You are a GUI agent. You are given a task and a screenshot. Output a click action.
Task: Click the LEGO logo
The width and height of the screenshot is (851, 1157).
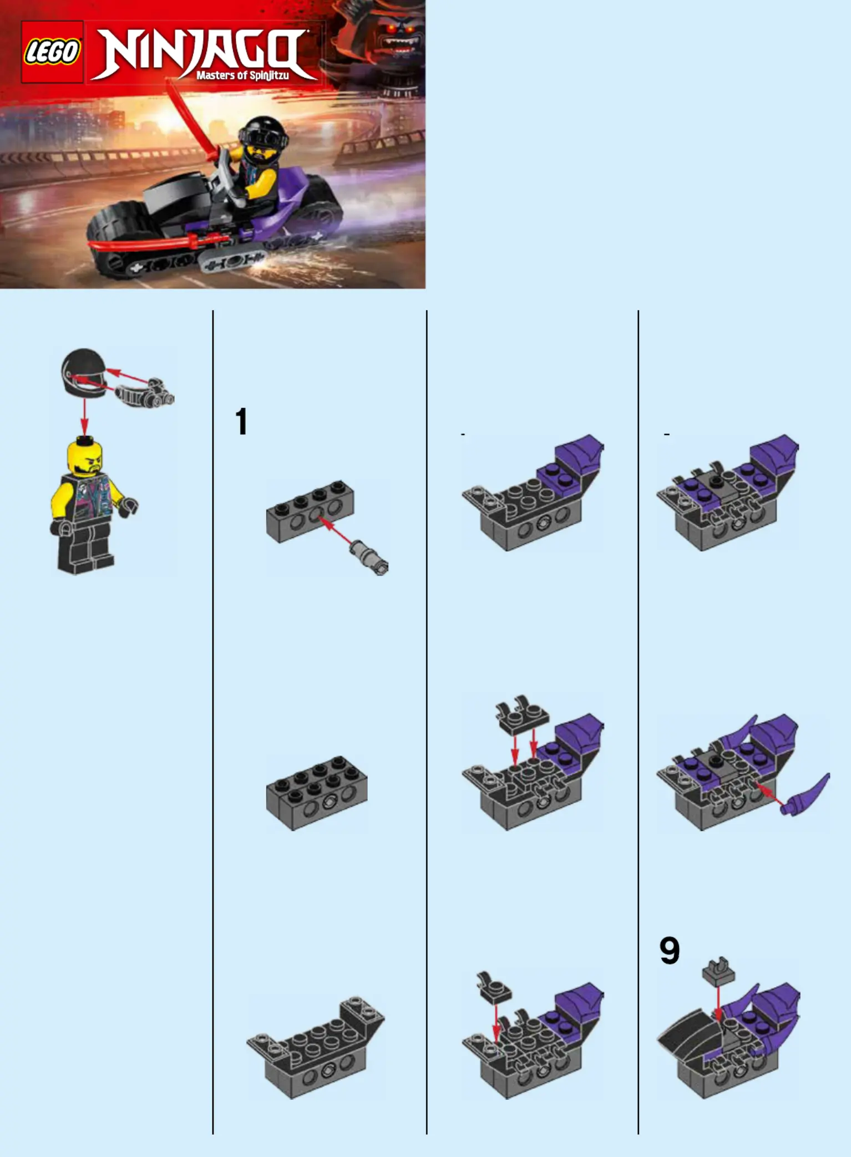coord(52,52)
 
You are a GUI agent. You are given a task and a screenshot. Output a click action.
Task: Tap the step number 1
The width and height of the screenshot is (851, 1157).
coord(241,421)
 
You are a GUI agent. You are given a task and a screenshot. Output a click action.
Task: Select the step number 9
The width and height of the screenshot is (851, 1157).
coord(670,951)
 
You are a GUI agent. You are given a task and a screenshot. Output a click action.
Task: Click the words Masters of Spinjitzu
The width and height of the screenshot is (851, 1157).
coord(242,75)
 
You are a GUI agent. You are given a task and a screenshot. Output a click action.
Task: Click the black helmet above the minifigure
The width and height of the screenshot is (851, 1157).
coord(83,373)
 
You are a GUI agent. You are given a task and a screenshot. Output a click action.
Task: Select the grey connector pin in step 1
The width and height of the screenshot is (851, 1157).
coord(369,557)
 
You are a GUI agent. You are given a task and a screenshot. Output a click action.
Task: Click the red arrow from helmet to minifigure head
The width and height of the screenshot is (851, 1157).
coord(84,417)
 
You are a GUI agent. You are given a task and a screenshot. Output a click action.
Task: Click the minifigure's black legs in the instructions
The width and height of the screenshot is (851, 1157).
coord(85,546)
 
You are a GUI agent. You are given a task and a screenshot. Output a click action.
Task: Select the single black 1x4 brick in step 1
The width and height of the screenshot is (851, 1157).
coord(310,511)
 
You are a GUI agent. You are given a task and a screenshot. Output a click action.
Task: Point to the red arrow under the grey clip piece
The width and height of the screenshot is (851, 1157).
coord(718,1004)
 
